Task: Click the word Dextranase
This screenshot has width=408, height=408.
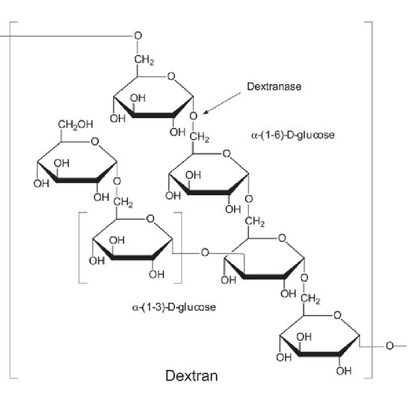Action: pyautogui.click(x=274, y=86)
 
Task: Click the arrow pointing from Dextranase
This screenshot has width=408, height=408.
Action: pyautogui.click(x=222, y=104)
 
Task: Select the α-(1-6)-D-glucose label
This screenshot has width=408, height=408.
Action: pyautogui.click(x=293, y=135)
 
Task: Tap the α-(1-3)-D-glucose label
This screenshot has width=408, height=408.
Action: pyautogui.click(x=174, y=307)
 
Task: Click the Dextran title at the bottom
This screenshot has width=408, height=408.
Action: pyautogui.click(x=192, y=376)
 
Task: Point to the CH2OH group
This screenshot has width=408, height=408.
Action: pyautogui.click(x=75, y=124)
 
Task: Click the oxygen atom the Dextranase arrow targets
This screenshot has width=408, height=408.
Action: pyautogui.click(x=193, y=116)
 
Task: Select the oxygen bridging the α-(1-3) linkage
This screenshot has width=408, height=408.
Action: pyautogui.click(x=205, y=252)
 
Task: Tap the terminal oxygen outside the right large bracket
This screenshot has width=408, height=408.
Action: pyautogui.click(x=390, y=346)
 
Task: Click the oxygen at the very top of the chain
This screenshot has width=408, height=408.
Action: pyautogui.click(x=138, y=35)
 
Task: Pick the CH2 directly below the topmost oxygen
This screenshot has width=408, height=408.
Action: pyautogui.click(x=144, y=60)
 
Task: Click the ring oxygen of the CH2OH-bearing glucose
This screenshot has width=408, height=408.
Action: pyautogui.click(x=95, y=142)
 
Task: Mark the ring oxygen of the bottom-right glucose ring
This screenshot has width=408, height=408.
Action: pyautogui.click(x=337, y=315)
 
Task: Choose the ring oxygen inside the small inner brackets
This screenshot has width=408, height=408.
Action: pyautogui.click(x=150, y=219)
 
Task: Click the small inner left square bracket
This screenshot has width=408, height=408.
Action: pyautogui.click(x=79, y=247)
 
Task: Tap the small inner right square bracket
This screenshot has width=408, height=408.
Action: pyautogui.click(x=182, y=247)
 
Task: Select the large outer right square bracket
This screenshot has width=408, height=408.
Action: pyautogui.click(x=372, y=200)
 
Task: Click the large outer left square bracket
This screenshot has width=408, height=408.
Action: pyautogui.click(x=10, y=200)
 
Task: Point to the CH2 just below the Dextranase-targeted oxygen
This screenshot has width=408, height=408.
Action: pyautogui.click(x=199, y=137)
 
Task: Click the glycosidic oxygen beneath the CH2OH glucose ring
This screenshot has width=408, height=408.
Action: pyautogui.click(x=117, y=181)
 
